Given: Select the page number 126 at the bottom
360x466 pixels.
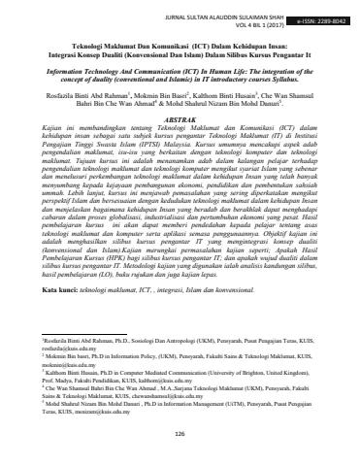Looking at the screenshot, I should (x=180, y=434).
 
